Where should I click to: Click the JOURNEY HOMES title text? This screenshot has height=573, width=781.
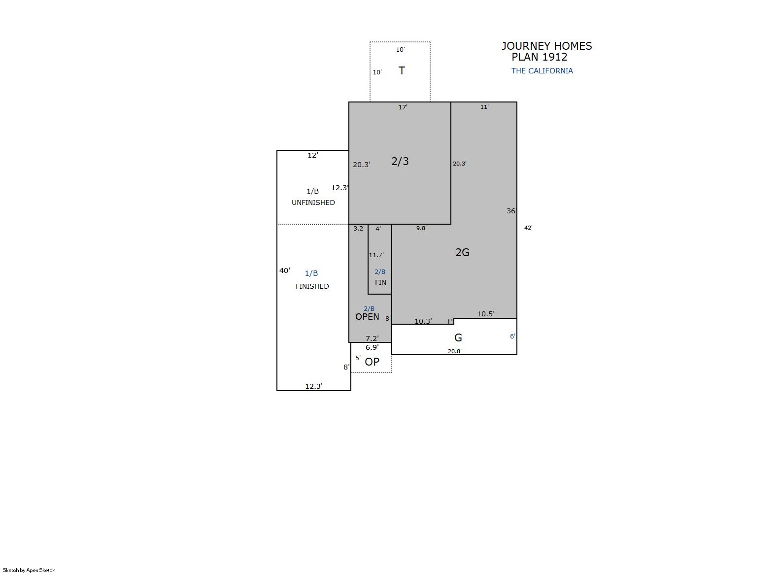tap(546, 46)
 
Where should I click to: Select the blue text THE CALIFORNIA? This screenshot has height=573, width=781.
tap(542, 71)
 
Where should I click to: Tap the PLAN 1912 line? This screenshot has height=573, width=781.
tap(540, 57)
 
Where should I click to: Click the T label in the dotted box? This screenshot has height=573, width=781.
tap(402, 71)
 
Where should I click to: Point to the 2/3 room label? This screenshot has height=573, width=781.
tap(400, 161)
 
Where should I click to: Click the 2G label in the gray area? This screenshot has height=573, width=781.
tap(462, 252)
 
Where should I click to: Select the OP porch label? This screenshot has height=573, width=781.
tap(372, 362)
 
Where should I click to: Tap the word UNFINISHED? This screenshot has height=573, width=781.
tap(313, 202)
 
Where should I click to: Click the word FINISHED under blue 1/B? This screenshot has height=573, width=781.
tap(312, 286)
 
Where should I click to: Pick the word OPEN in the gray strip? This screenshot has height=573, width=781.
tap(367, 316)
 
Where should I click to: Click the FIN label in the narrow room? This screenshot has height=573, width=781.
tap(380, 282)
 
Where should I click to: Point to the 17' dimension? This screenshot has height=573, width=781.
tap(403, 107)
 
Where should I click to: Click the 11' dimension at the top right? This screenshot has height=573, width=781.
tap(484, 107)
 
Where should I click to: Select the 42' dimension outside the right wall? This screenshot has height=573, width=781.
tap(528, 228)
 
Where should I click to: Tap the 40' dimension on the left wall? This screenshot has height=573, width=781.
tap(284, 270)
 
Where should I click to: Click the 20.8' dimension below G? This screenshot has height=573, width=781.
tap(455, 351)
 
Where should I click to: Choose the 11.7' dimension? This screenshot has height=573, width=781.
tap(376, 255)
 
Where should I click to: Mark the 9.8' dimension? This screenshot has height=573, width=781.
tap(421, 228)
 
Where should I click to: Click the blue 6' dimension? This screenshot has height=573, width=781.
tap(512, 337)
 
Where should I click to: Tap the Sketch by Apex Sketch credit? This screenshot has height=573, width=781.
tap(29, 570)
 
